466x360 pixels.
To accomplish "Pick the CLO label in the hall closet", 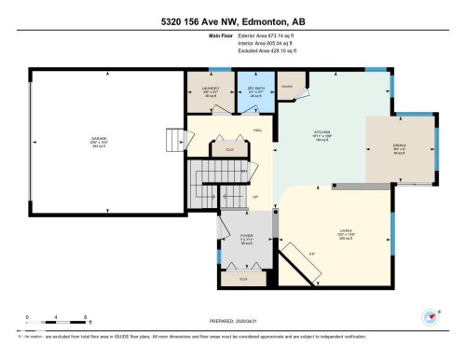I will (x=228, y=149).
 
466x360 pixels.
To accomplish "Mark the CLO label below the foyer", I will (x=244, y=278).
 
